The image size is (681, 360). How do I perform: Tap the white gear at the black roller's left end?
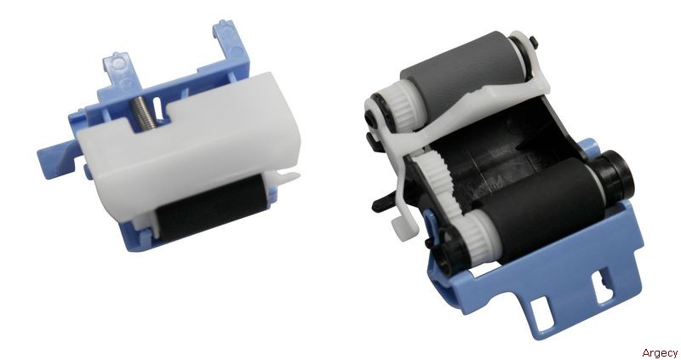[478, 239]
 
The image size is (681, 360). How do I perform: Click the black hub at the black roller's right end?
[616, 172]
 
